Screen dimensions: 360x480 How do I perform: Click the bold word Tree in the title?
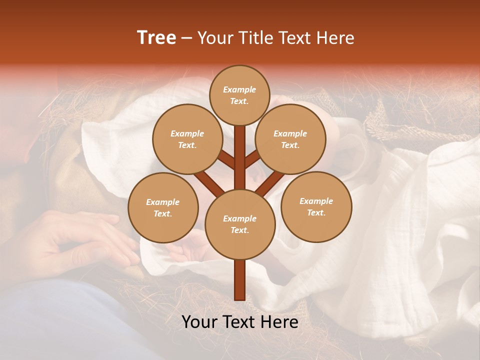[156, 37]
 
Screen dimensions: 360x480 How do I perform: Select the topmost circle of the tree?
[240, 95]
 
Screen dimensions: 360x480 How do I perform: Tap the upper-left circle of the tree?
[187, 139]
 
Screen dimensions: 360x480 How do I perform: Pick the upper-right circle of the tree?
[290, 139]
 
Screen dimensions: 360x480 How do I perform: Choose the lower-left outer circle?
[163, 207]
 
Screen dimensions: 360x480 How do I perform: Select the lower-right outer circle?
[316, 206]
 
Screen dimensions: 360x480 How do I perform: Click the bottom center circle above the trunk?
[240, 224]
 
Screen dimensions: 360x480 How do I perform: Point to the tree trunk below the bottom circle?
[240, 280]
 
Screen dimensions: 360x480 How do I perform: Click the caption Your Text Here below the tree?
[240, 322]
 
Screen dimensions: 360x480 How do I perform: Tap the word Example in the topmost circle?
[239, 89]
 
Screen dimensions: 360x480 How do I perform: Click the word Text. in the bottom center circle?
[239, 230]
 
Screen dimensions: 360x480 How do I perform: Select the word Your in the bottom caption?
[199, 322]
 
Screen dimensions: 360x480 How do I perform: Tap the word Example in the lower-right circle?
[316, 201]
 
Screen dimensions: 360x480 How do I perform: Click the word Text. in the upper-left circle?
[187, 145]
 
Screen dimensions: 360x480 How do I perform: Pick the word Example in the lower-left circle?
[162, 202]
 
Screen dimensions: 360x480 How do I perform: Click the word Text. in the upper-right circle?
[290, 145]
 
